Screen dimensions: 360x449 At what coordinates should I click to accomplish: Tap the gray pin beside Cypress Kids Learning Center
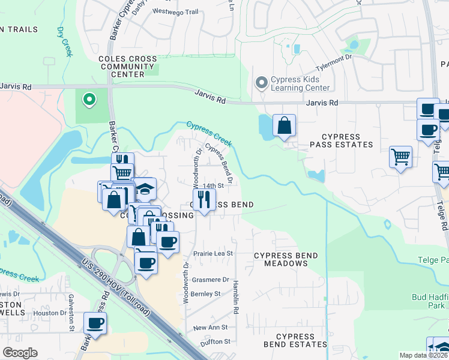261,83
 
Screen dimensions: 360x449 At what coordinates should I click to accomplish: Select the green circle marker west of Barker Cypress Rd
89,100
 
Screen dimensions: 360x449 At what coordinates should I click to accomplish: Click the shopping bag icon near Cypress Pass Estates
285,126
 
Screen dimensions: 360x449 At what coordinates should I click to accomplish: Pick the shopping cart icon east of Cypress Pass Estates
400,158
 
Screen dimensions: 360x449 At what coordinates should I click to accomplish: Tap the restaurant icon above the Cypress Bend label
204,199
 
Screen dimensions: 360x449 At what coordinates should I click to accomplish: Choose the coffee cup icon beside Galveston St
95,323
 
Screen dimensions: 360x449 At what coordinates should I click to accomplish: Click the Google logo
20,353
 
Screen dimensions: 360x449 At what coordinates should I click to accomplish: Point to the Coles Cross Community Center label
128,67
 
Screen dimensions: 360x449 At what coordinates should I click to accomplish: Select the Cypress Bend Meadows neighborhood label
286,260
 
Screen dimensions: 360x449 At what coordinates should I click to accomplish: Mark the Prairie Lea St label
212,254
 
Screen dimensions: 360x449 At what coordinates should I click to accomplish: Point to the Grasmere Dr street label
209,280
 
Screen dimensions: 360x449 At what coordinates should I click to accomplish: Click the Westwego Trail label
175,11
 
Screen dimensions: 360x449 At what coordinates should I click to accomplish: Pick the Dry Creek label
64,41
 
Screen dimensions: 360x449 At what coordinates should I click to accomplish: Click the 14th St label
212,186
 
